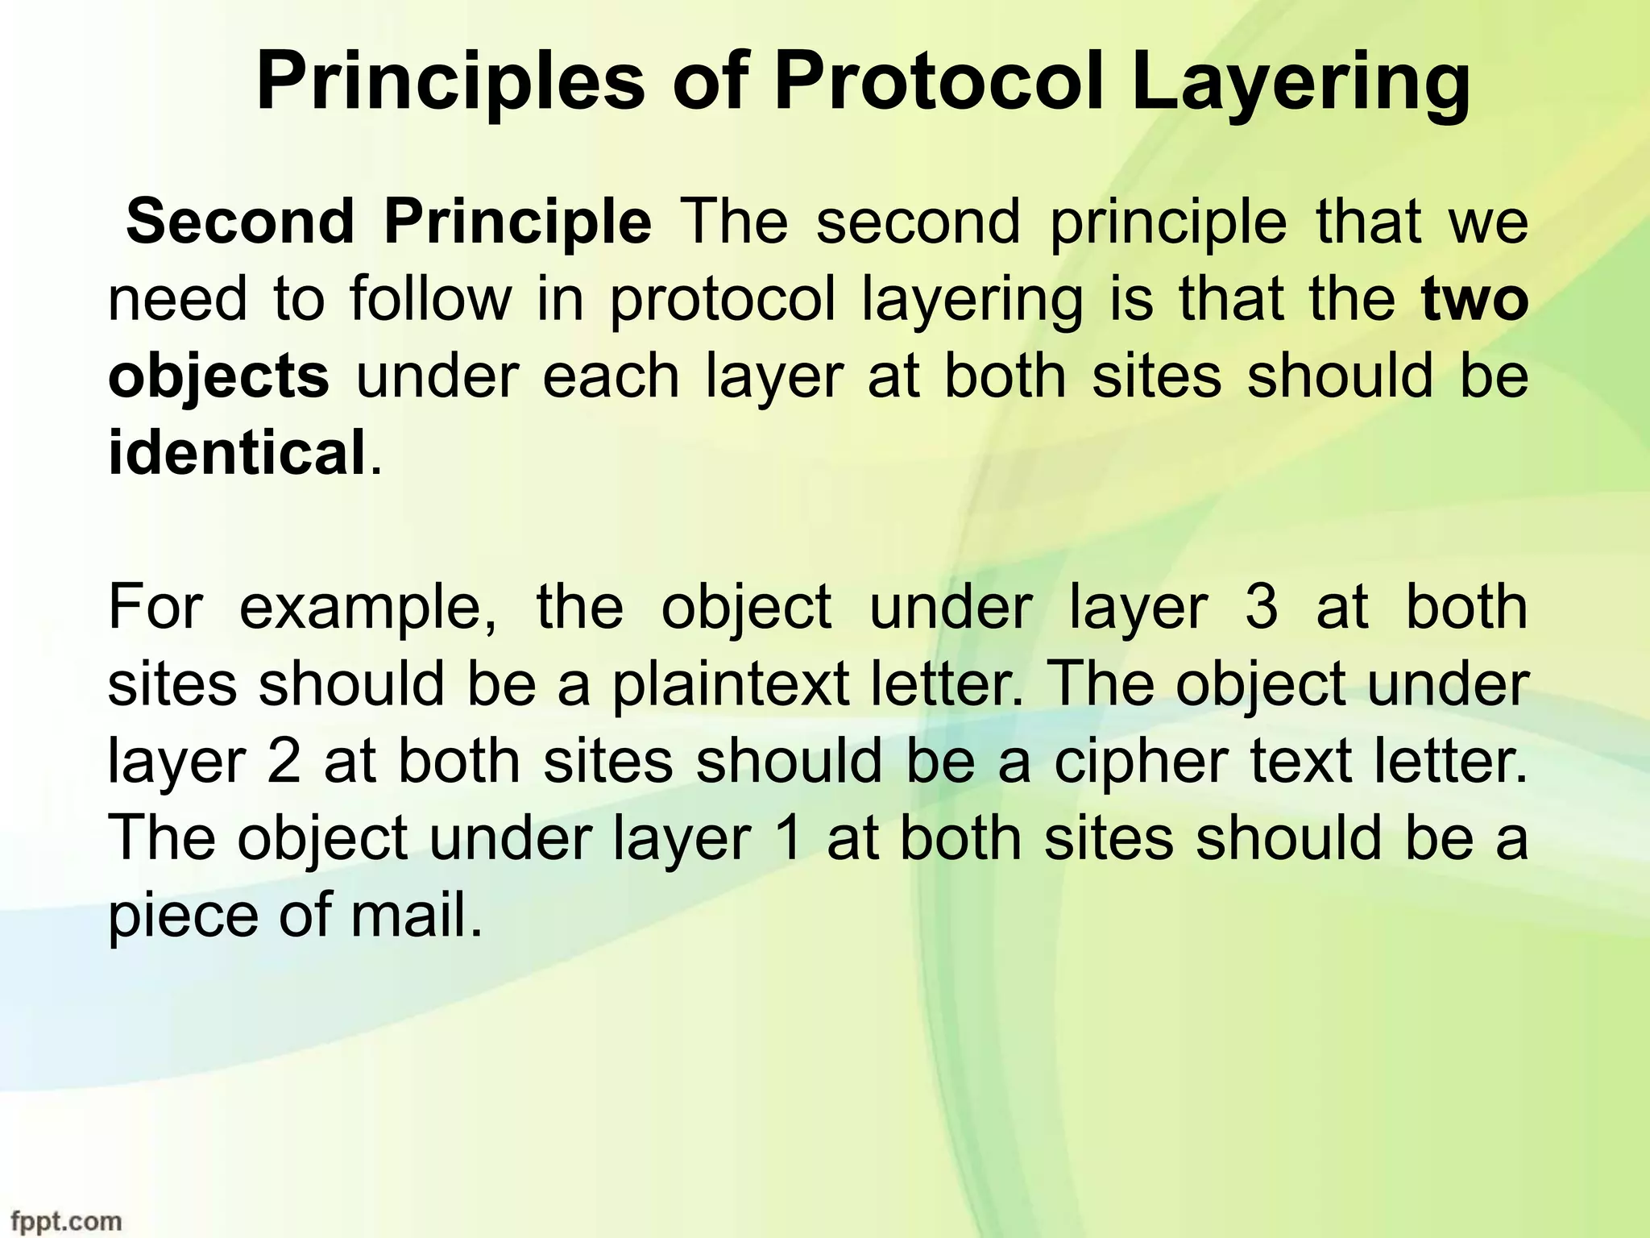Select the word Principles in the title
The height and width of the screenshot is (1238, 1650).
(x=450, y=84)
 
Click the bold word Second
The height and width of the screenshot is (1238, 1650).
(x=240, y=221)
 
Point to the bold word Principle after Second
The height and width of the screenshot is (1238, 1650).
(x=517, y=222)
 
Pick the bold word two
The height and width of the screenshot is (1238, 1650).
(x=1474, y=299)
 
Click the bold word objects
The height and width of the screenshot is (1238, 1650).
(x=218, y=377)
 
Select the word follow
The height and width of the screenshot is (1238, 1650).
(x=430, y=298)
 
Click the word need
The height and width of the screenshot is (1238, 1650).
(x=177, y=299)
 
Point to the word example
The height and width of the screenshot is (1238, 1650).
(x=368, y=609)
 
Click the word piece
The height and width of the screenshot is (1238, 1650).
(x=180, y=917)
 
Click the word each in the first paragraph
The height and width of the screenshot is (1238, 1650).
(x=611, y=376)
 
